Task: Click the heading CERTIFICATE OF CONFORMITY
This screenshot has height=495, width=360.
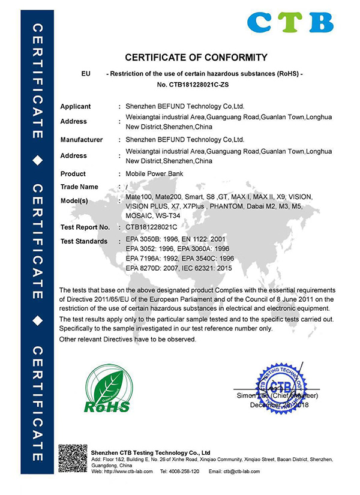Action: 196,58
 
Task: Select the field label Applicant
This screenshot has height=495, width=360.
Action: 76,106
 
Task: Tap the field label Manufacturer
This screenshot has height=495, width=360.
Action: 82,139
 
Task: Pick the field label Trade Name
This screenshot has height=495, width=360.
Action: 79,187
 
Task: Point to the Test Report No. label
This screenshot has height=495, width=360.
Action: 85,227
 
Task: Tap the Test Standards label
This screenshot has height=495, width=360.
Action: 84,241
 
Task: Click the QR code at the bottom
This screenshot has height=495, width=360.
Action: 73,459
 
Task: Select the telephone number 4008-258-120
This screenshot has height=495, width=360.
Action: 183,472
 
